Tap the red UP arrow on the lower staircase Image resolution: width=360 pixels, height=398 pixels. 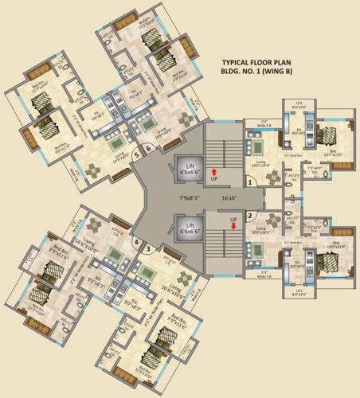[233, 225]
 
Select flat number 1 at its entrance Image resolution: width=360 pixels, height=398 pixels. [251, 182]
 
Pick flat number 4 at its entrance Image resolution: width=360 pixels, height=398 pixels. [137, 241]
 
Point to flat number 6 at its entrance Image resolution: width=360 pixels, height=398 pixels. [148, 147]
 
